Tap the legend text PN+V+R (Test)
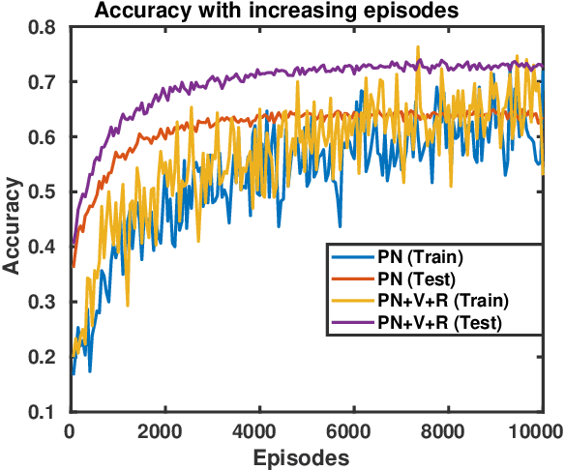tap(441, 321)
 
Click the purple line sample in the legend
tap(354, 321)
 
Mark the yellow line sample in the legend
tap(354, 300)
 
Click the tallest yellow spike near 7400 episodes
tap(418, 46)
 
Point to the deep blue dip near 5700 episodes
tap(340, 226)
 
